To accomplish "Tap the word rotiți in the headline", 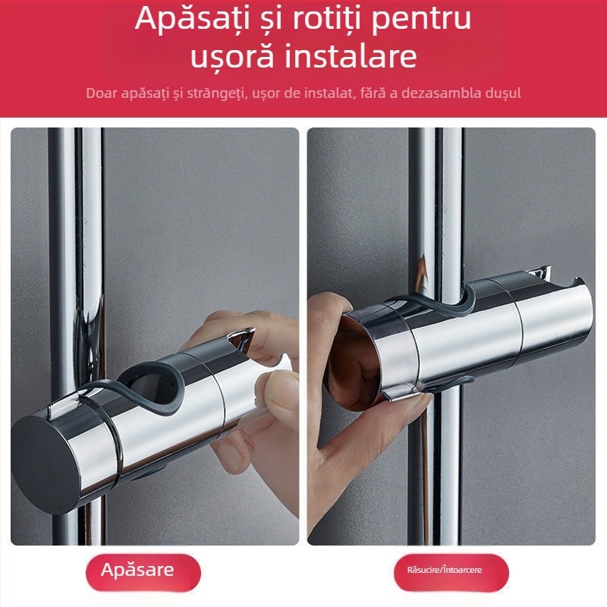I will pyautogui.click(x=332, y=20).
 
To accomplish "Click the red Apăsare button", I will pyautogui.click(x=138, y=571).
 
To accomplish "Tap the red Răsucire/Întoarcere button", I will pyautogui.click(x=444, y=571).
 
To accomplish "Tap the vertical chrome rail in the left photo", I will pyautogui.click(x=76, y=228).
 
